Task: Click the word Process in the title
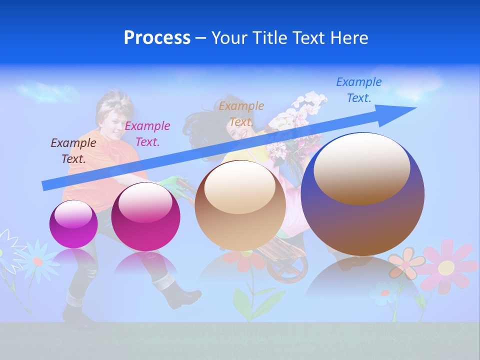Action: click(x=157, y=38)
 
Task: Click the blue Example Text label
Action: click(x=359, y=90)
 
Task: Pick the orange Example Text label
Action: click(x=241, y=114)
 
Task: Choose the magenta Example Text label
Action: click(x=147, y=134)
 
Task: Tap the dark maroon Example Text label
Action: click(x=73, y=151)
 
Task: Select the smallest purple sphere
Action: click(x=73, y=224)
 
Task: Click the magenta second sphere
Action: click(x=145, y=216)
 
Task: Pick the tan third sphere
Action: click(x=240, y=205)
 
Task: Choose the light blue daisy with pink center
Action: click(x=38, y=260)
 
